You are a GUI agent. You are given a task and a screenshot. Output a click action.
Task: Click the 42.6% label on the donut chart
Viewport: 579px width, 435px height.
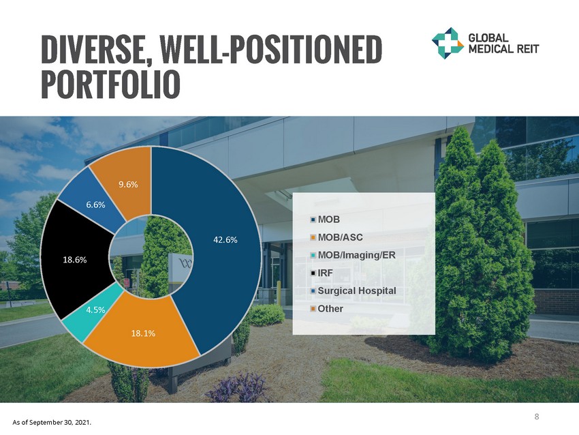[225, 240]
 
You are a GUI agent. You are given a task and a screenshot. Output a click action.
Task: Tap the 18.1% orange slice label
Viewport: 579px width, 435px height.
[143, 333]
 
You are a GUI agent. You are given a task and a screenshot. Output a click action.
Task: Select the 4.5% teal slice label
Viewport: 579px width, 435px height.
[95, 310]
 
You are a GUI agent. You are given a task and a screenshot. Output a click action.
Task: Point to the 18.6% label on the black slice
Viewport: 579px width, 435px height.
[75, 260]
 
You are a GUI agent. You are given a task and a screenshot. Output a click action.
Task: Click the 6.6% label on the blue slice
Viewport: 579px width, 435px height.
[95, 205]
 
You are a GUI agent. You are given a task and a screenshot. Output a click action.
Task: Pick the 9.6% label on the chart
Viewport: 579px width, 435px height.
[128, 184]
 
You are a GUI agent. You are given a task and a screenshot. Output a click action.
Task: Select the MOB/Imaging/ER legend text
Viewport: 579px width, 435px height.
[356, 255]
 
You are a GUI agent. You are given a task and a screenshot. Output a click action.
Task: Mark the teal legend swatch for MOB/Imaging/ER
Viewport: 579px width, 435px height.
[313, 255]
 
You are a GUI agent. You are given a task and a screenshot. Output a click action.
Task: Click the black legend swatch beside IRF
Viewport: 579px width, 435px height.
[313, 273]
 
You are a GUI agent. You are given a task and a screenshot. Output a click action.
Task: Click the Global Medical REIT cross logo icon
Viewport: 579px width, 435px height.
[448, 43]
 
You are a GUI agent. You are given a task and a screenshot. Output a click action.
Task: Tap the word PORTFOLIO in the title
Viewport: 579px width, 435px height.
[110, 85]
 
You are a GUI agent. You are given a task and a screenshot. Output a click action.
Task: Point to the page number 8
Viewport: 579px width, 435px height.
[537, 417]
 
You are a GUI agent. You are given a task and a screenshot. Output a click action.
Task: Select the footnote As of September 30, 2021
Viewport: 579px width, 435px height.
[52, 423]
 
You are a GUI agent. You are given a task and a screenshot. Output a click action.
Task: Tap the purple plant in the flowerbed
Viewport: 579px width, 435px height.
[236, 387]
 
